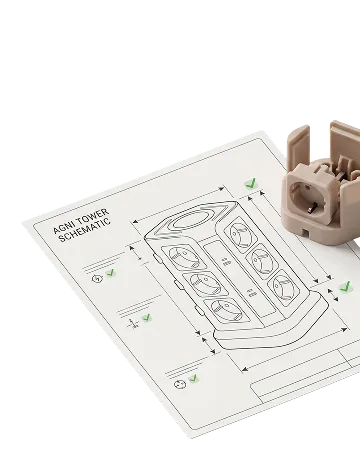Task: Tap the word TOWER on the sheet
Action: tap(93, 217)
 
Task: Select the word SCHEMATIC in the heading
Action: tap(85, 230)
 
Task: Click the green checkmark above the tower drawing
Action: tap(251, 183)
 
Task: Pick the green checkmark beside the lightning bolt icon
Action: tap(110, 273)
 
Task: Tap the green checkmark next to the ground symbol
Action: tap(146, 317)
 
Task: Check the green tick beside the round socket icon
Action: tap(193, 379)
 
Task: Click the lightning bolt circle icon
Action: tap(97, 278)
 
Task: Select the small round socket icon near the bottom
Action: tap(180, 385)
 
